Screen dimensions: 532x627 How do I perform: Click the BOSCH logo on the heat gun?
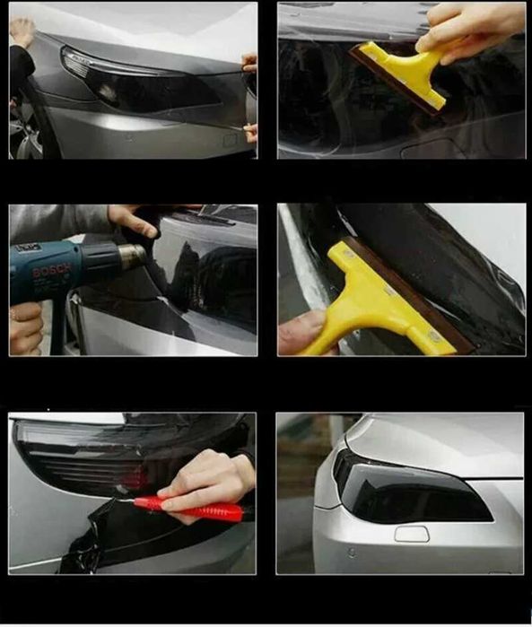[51, 271]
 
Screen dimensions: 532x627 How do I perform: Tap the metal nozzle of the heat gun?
[133, 257]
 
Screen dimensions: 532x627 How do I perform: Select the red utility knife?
[188, 507]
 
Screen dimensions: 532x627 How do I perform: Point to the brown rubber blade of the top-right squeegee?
[394, 82]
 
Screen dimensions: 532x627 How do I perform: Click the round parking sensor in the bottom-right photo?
[352, 553]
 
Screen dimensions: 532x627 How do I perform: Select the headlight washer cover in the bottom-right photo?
[412, 534]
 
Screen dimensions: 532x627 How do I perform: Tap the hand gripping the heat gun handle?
[25, 328]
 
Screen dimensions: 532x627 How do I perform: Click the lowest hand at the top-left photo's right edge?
[250, 133]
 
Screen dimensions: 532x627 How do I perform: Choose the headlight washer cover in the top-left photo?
[231, 139]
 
